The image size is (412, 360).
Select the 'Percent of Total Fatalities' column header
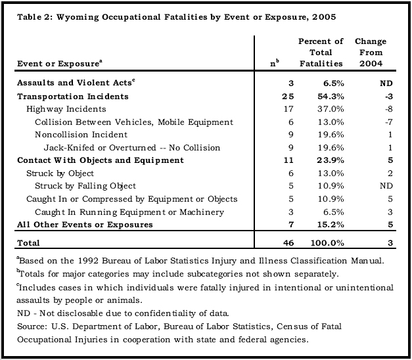(x=320, y=53)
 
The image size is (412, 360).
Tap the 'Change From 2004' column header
(x=371, y=53)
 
